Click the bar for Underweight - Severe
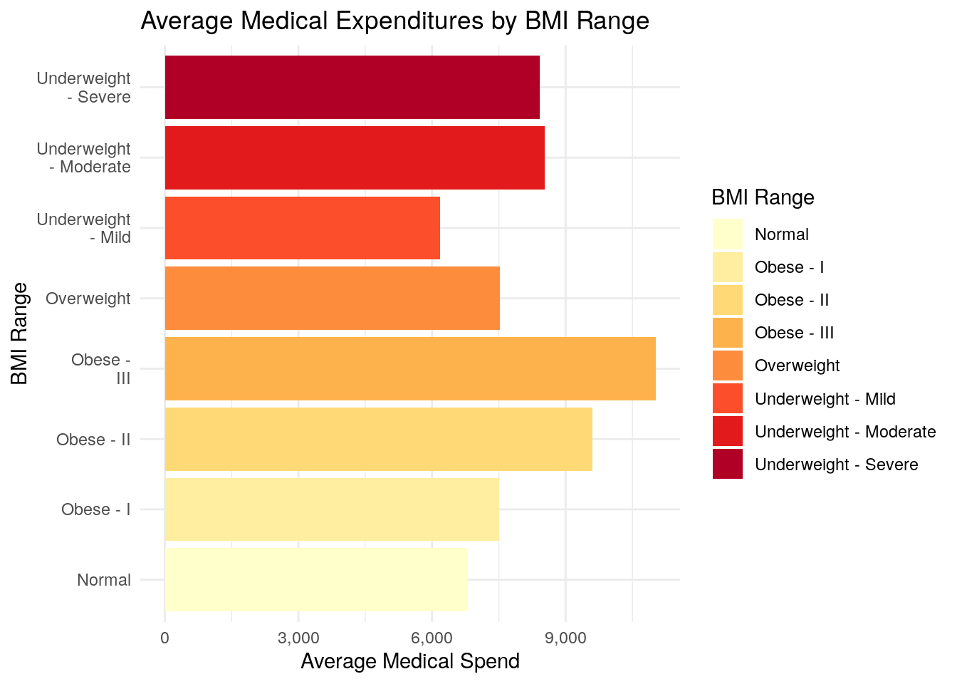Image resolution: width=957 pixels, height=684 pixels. (x=352, y=87)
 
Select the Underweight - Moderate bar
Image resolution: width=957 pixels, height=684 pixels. (x=355, y=157)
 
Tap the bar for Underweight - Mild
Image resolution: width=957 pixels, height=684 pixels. (x=302, y=228)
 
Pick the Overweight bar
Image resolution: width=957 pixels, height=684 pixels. (x=332, y=298)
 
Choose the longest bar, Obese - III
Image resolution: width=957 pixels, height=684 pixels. (x=410, y=368)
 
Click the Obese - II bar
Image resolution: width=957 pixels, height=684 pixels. (x=378, y=439)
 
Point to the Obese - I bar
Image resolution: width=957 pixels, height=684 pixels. (x=332, y=509)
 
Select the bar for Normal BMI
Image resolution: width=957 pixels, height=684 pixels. (x=315, y=579)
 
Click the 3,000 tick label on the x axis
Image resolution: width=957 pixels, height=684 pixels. (x=298, y=638)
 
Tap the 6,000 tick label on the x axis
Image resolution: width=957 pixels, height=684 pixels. (x=432, y=638)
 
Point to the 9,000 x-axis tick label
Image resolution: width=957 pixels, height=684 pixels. (x=565, y=638)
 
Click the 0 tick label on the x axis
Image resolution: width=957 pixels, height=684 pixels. (x=165, y=638)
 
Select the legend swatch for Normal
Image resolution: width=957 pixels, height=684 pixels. (x=727, y=234)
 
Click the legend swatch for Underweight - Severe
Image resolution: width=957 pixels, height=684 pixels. (x=727, y=464)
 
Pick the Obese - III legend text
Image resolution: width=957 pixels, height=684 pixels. (x=794, y=333)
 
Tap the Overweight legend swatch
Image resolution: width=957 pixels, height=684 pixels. (x=727, y=366)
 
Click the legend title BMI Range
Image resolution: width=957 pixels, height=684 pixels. (x=763, y=197)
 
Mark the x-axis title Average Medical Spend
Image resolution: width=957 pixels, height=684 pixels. (x=410, y=661)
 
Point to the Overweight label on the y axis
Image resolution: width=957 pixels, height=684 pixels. (x=88, y=299)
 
